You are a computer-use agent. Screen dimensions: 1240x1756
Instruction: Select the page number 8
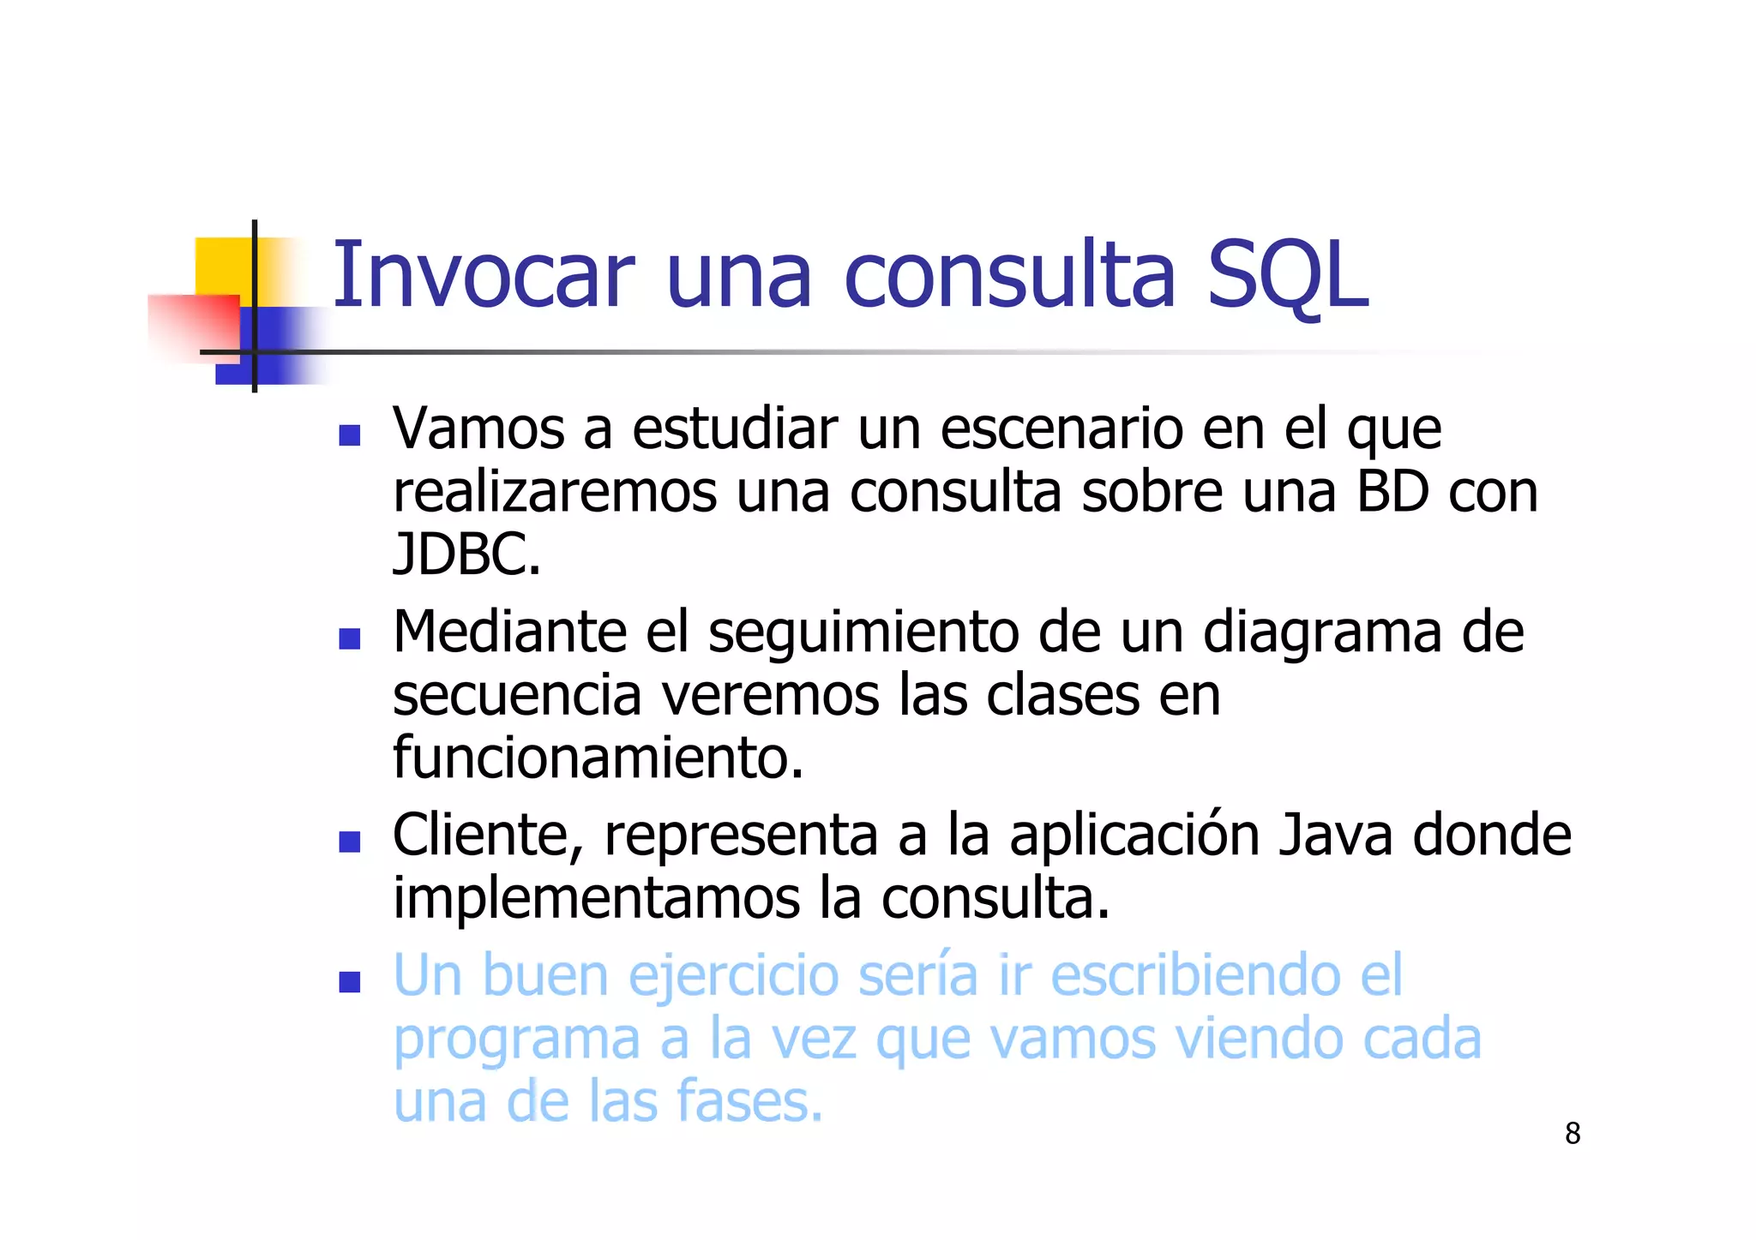(x=1573, y=1134)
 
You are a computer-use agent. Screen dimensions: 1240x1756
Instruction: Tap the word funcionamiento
(x=598, y=758)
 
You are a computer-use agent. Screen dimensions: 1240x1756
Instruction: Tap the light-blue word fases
(x=749, y=1102)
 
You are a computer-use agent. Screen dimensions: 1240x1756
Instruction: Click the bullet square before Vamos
(x=349, y=435)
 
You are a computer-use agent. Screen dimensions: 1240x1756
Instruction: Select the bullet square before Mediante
(x=349, y=638)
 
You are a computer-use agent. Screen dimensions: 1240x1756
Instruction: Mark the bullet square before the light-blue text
(x=349, y=982)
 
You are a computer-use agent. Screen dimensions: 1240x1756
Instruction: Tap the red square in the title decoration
(x=193, y=326)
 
